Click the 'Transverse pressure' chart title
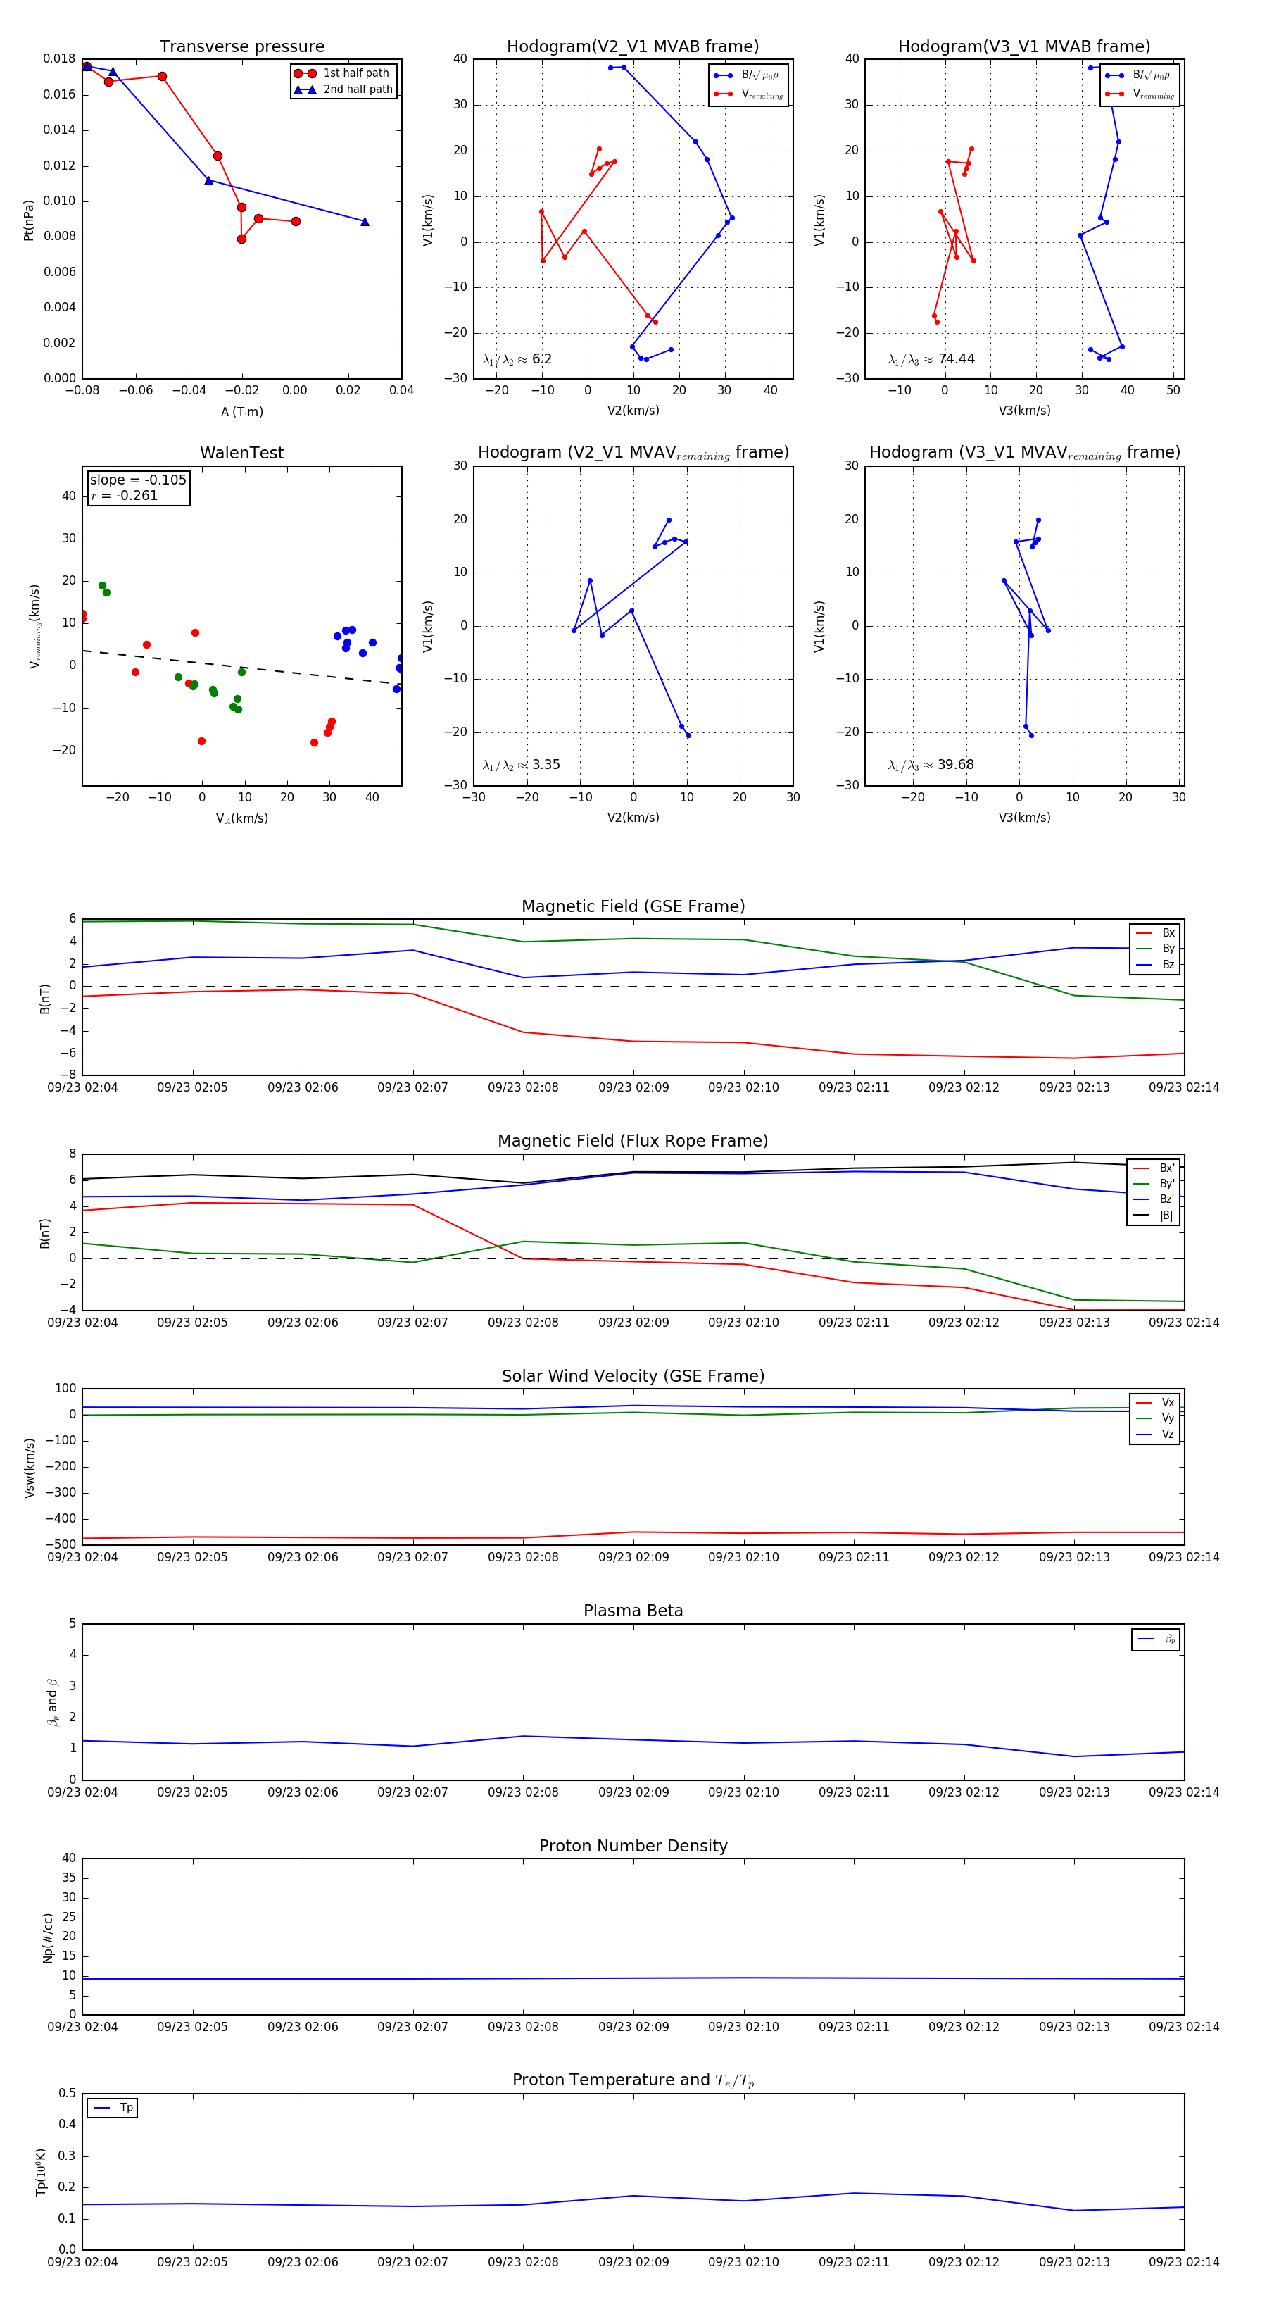(x=241, y=47)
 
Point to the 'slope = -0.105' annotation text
(x=138, y=480)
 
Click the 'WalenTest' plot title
(x=241, y=453)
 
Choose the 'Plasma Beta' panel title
(x=633, y=1611)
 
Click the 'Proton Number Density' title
(x=633, y=1846)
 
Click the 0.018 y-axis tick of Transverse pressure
(x=60, y=58)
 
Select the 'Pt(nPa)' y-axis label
(x=28, y=219)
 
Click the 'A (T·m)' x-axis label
(x=241, y=411)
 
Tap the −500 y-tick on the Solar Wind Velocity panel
(x=61, y=1544)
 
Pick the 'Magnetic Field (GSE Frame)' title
(x=633, y=906)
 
